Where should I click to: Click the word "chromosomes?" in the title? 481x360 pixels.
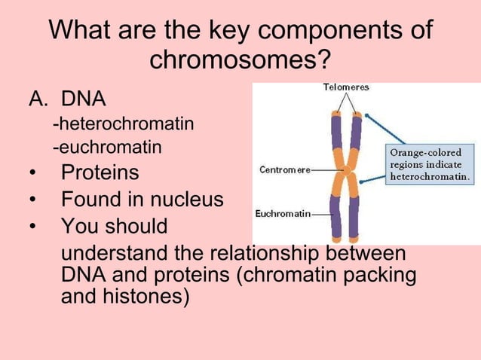tap(240, 59)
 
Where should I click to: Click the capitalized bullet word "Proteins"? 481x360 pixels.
tap(100, 172)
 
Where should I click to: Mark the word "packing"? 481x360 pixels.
tap(378, 275)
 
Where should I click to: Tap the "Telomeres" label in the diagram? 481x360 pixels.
tap(346, 87)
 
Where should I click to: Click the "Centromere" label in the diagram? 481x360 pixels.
tap(285, 169)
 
